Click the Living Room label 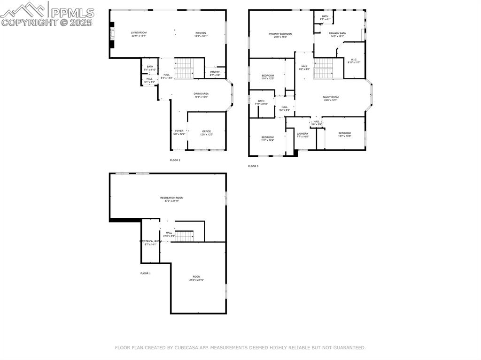(139, 33)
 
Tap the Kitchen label (201, 33)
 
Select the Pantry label (215, 72)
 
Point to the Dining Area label (201, 94)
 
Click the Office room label (207, 132)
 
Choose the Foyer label (179, 131)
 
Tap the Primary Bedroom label (280, 34)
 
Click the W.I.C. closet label (354, 60)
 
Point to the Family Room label (331, 98)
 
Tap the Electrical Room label (150, 242)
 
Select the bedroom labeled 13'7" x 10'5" (344, 134)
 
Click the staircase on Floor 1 (185, 236)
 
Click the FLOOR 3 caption (253, 166)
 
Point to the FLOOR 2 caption (175, 160)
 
